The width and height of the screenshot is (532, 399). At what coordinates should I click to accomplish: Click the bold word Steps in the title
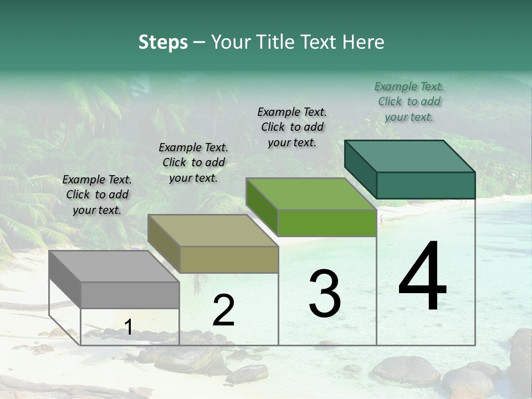coord(163,42)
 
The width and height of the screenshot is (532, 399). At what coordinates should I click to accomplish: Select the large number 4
coord(422,277)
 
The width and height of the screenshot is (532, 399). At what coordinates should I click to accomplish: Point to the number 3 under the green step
coord(324,294)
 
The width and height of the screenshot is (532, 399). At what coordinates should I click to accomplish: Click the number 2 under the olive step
coord(223,310)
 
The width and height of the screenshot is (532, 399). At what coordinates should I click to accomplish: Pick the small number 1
coord(129,328)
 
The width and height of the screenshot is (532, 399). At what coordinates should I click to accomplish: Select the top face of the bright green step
coord(311,194)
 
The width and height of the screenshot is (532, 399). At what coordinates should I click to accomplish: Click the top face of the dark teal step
coord(410,156)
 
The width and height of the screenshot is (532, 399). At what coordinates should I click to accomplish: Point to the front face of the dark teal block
coord(426,185)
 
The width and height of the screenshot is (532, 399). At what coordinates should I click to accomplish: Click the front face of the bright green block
coord(327,223)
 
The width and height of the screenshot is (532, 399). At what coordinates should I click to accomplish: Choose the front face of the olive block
coord(228,259)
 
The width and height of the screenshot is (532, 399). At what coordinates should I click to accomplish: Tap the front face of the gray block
coord(130,295)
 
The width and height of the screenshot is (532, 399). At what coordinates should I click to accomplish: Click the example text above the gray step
coord(97,195)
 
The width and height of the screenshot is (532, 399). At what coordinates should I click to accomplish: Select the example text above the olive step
coord(193,162)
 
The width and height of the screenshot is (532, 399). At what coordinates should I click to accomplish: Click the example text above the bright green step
coord(292,127)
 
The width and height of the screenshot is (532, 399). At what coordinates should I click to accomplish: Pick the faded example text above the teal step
coord(409,101)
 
